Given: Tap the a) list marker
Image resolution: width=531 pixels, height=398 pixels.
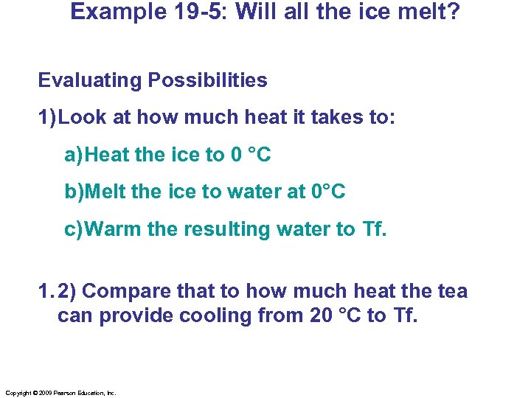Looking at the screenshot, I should coord(74,156).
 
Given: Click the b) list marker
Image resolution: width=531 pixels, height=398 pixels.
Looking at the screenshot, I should coord(74,192).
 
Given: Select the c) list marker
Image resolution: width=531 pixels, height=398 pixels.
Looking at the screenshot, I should coord(74,229).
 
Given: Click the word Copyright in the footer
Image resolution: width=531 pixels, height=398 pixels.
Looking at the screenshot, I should coord(18,394).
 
